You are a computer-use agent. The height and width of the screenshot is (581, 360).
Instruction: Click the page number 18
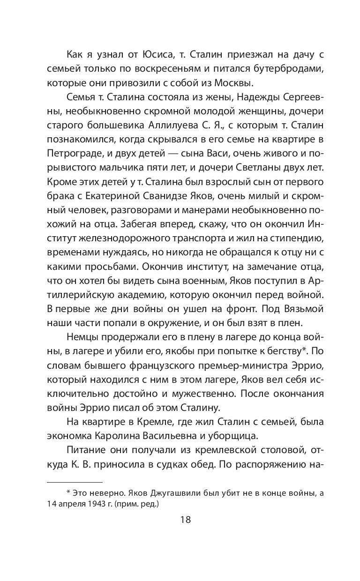[180, 521]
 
